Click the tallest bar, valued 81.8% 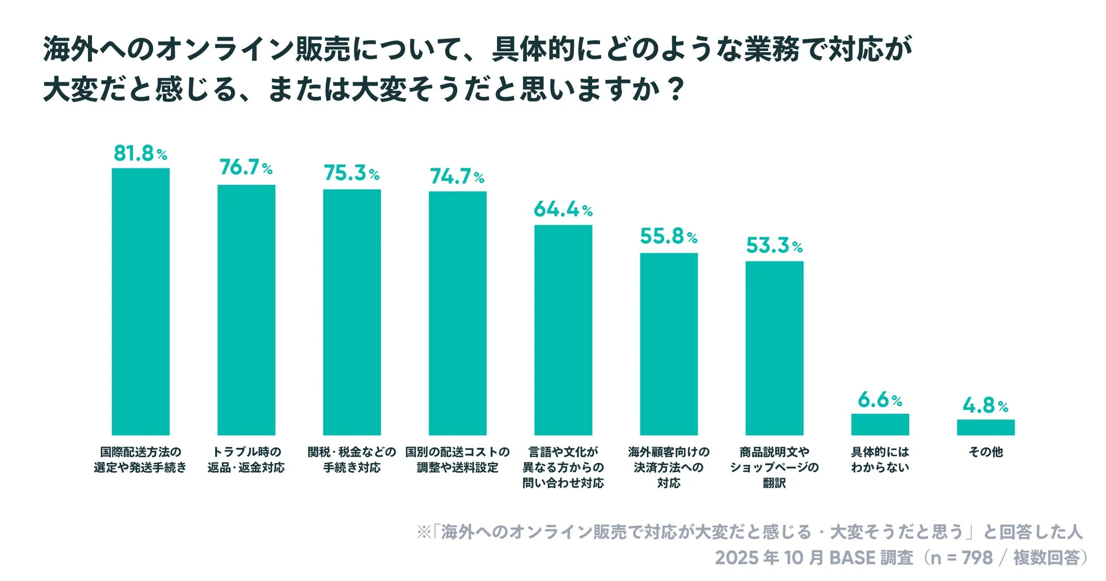(140, 302)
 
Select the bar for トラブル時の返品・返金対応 (246, 310)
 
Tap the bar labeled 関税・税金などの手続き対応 (352, 312)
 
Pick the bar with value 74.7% (457, 313)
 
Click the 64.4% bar (563, 330)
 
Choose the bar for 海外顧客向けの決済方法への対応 (669, 344)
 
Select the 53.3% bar (774, 348)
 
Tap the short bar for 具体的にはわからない (880, 425)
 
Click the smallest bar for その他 (985, 427)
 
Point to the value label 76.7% (246, 167)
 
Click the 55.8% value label (668, 236)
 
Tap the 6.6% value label (879, 400)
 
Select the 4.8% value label (985, 406)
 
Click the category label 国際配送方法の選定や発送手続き (140, 460)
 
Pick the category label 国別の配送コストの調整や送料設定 (457, 460)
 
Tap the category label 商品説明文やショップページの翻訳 (774, 468)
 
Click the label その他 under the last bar (985, 452)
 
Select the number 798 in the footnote (977, 558)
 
